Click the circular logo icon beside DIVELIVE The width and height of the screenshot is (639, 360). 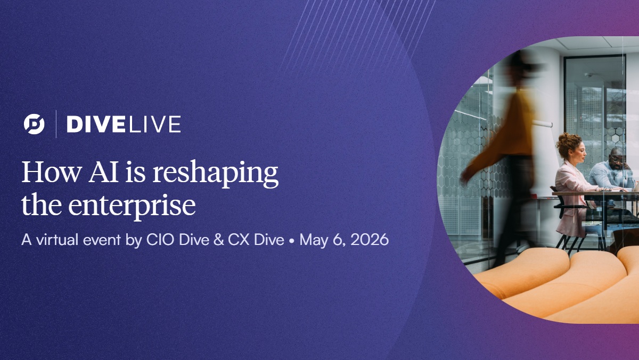pyautogui.click(x=34, y=124)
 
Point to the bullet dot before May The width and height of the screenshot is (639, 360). pyautogui.click(x=292, y=241)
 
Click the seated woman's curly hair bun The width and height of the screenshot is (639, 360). pyautogui.click(x=569, y=142)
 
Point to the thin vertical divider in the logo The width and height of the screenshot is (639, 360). pyautogui.click(x=56, y=124)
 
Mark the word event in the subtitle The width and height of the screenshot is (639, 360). pyautogui.click(x=98, y=240)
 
